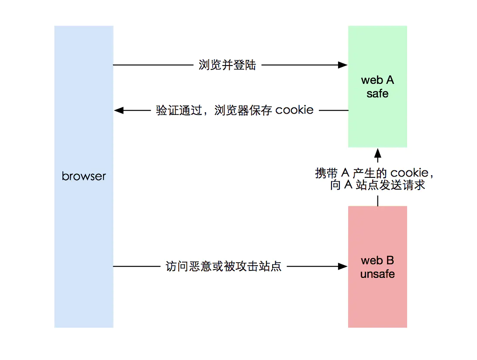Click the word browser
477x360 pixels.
click(84, 176)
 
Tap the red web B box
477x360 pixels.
click(377, 301)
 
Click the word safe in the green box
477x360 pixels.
click(377, 93)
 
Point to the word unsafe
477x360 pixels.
click(377, 274)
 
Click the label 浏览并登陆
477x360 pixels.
click(227, 66)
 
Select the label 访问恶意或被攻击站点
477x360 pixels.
click(224, 266)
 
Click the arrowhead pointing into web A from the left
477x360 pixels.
click(343, 66)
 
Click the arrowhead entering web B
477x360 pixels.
click(343, 266)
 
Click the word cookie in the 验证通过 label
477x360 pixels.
click(294, 110)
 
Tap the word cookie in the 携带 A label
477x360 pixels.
click(409, 173)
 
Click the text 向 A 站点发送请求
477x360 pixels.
click(377, 185)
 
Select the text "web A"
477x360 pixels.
click(377, 80)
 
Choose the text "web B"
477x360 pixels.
click(377, 261)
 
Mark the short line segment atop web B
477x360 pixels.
click(378, 200)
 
